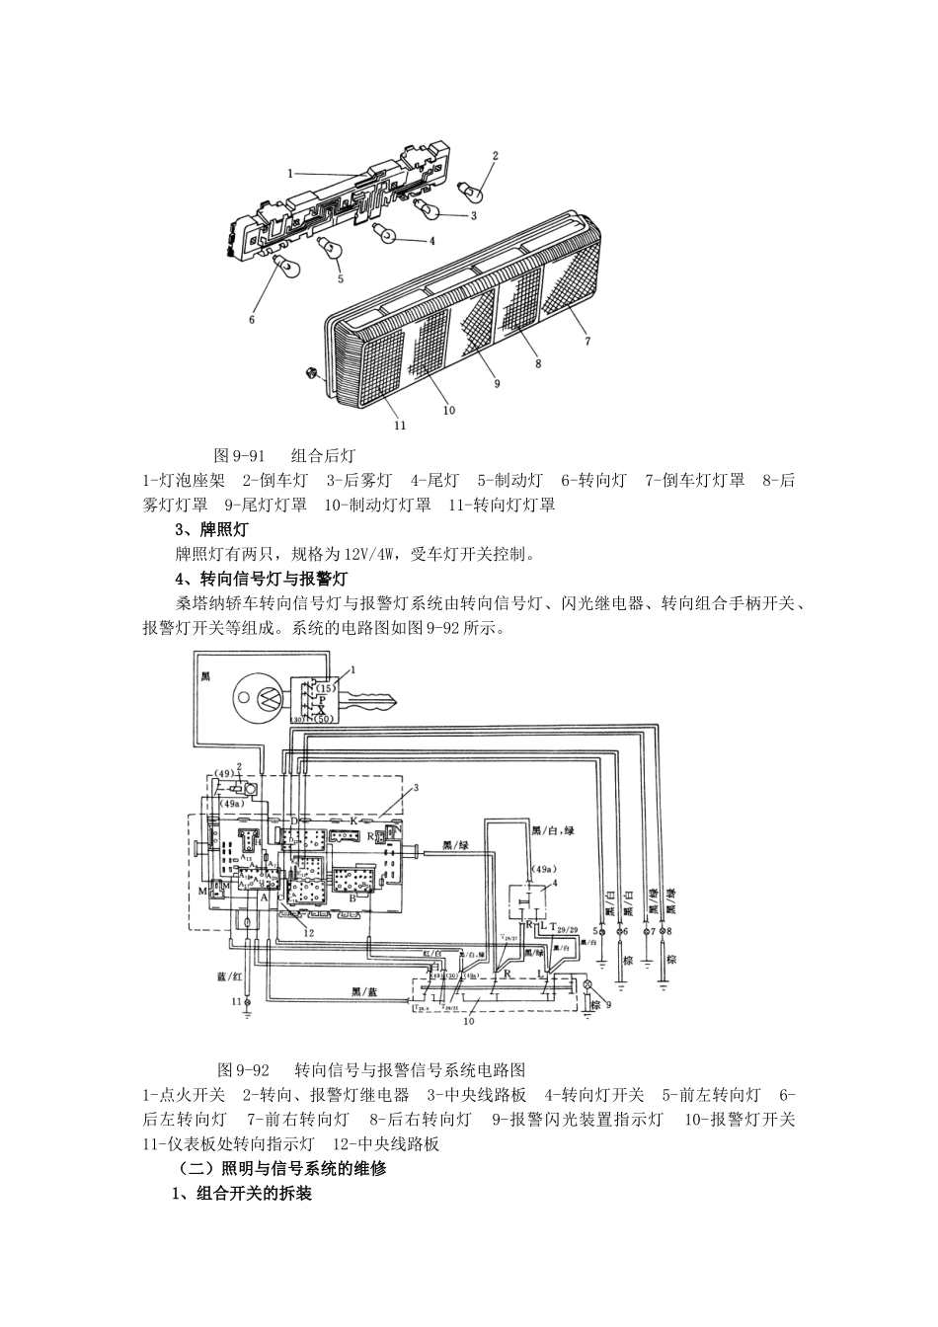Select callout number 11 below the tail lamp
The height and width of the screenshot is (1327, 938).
400,426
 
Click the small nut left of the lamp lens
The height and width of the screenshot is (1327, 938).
311,373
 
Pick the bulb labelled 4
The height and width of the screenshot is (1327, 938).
388,233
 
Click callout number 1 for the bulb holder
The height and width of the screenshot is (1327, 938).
290,173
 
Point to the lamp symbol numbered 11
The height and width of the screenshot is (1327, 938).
247,1002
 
